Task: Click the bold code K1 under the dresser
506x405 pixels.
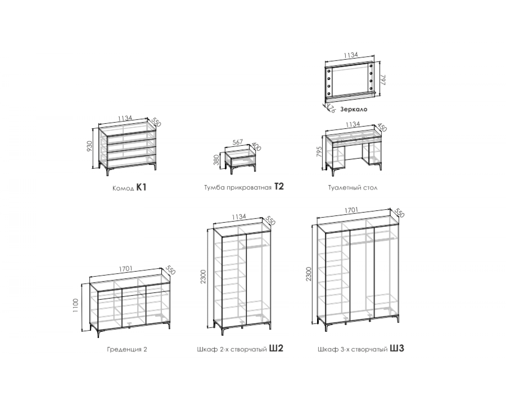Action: [141, 188]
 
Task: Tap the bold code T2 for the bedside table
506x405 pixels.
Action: [279, 186]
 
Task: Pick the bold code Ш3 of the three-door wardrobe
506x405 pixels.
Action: [397, 348]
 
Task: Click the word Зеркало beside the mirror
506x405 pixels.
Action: [354, 109]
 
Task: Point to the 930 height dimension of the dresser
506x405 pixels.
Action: [90, 146]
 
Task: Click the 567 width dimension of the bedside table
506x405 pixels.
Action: [237, 142]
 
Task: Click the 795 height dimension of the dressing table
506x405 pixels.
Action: [319, 152]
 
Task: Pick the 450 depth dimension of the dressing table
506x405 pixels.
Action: [382, 127]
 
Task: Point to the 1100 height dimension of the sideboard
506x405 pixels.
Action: [75, 305]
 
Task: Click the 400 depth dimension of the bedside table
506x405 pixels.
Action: [256, 146]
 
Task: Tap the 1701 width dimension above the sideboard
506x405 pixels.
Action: [125, 269]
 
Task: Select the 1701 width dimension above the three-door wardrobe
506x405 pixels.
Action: [351, 210]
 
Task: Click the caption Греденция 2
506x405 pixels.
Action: [127, 349]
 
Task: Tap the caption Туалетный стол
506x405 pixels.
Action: [353, 188]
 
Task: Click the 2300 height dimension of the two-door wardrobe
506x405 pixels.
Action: [203, 276]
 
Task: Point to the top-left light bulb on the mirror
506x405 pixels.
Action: [329, 71]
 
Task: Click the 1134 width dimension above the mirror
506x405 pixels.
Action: [351, 55]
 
